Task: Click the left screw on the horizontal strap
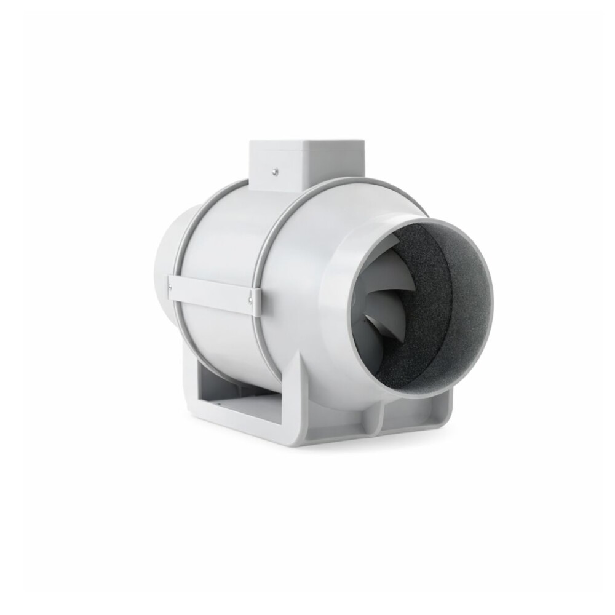click(170, 284)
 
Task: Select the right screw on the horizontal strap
click(250, 300)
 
